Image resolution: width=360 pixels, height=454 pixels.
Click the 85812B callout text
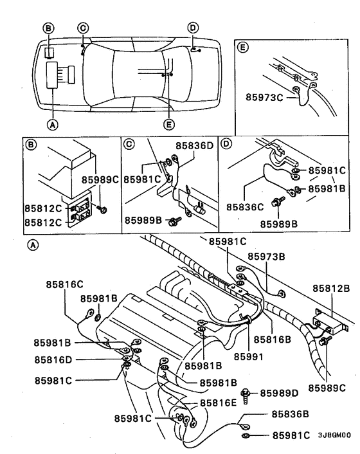(332, 289)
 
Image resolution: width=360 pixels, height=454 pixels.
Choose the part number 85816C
(66, 284)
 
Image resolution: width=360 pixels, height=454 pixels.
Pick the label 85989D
(283, 393)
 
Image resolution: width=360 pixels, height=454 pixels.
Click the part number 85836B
(292, 415)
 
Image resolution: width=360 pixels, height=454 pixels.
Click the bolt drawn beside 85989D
(246, 394)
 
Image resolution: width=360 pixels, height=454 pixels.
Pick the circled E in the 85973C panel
(243, 47)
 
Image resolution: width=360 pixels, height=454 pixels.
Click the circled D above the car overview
(193, 27)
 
